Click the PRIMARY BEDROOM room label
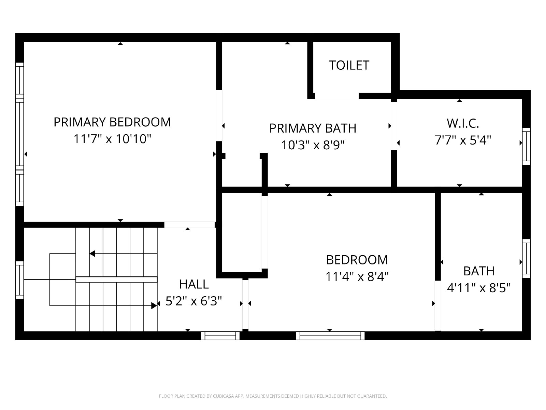click(x=112, y=122)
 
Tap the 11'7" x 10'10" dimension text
click(x=112, y=139)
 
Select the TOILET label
click(x=349, y=65)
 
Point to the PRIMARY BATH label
click(x=313, y=128)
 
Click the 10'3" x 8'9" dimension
click(x=313, y=145)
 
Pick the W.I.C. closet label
click(x=463, y=123)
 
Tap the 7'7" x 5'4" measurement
click(x=463, y=140)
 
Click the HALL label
click(x=194, y=285)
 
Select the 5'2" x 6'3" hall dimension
click(x=193, y=301)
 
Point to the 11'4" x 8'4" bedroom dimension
click(x=357, y=276)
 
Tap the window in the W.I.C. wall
click(x=526, y=146)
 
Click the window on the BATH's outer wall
click(x=526, y=258)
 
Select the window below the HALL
click(x=220, y=336)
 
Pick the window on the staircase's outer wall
click(x=20, y=280)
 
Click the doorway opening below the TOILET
click(x=337, y=96)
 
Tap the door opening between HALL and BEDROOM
click(x=245, y=305)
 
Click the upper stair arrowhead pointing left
click(x=92, y=254)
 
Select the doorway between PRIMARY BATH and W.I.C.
click(x=394, y=126)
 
